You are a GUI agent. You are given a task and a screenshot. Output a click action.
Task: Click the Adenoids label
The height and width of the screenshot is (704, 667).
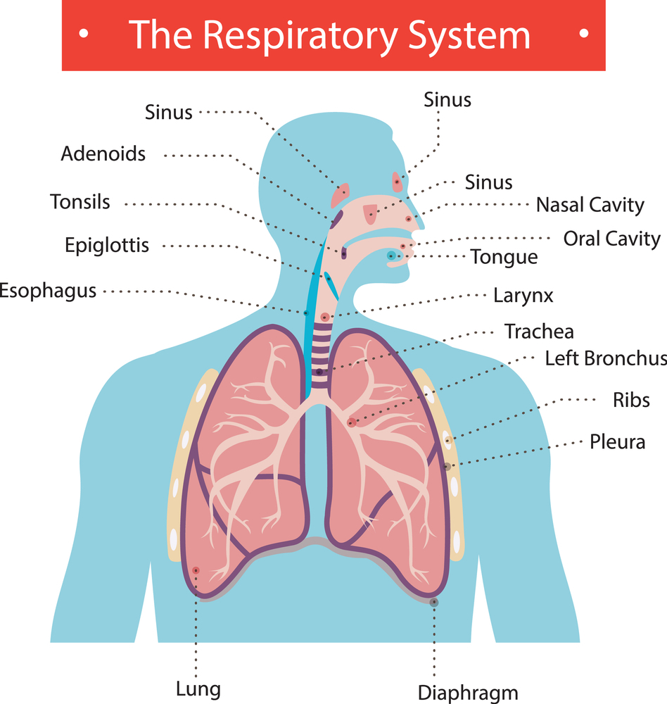(x=103, y=154)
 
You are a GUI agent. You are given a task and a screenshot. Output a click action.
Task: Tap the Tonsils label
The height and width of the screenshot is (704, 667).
(x=80, y=202)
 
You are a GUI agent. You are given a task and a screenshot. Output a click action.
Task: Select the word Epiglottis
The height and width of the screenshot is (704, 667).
(x=107, y=246)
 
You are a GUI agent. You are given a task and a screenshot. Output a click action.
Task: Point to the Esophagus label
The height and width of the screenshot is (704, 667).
(x=48, y=291)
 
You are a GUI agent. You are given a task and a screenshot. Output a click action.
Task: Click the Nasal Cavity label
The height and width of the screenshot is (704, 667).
(x=590, y=205)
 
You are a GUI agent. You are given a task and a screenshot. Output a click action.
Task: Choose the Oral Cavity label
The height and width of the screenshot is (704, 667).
(x=612, y=239)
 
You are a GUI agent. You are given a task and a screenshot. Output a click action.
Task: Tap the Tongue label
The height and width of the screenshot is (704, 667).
(x=504, y=257)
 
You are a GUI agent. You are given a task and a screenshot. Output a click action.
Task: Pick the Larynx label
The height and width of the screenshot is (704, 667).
(x=523, y=296)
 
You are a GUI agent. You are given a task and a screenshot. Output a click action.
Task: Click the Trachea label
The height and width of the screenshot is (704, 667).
(x=539, y=332)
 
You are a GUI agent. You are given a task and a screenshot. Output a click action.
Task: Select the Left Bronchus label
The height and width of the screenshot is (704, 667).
(x=606, y=359)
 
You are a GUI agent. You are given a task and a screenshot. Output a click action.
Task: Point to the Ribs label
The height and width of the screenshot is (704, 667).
(x=631, y=400)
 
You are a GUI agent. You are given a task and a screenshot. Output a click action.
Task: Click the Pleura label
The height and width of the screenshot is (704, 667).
(x=617, y=442)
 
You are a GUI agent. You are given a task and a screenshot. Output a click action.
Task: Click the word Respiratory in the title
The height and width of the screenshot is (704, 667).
(x=300, y=36)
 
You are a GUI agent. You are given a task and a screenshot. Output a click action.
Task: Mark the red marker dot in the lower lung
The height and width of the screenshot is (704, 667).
(x=196, y=571)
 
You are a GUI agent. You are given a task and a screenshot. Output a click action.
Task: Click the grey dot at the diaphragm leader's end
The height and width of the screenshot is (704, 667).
(x=433, y=603)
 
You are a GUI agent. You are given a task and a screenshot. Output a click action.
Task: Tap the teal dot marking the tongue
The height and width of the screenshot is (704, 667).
(x=391, y=256)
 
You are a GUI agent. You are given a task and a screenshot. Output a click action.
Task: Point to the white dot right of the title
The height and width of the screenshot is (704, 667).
(x=583, y=33)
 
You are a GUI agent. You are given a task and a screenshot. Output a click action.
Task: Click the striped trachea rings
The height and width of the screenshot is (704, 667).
(x=320, y=356)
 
